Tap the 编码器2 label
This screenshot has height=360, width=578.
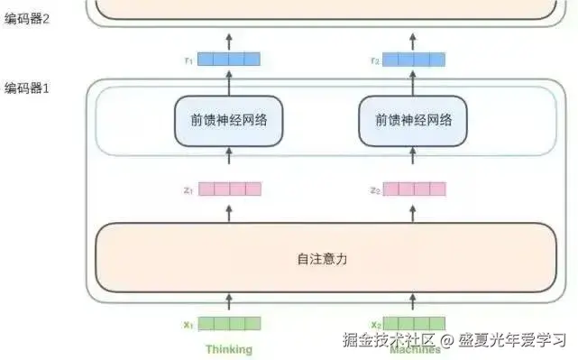[26, 18]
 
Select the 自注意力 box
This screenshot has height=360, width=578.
[322, 258]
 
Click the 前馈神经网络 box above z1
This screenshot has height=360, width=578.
[228, 121]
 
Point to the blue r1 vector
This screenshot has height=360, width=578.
[229, 60]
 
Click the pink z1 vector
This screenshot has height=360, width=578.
[229, 189]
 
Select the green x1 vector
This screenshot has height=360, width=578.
[229, 324]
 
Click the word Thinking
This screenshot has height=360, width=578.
[229, 349]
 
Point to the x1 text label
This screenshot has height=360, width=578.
[188, 324]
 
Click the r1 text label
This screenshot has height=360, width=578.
[188, 60]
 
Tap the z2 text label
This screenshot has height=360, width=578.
[374, 190]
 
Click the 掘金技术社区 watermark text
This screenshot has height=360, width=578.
[390, 340]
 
